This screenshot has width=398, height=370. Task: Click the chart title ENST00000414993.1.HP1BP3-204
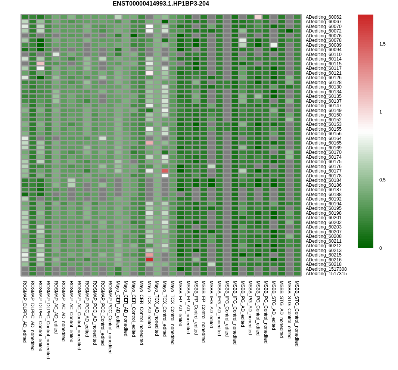point(161,4)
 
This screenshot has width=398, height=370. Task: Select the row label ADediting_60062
point(323,17)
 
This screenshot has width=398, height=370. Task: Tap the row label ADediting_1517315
point(326,274)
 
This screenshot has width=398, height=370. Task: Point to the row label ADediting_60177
point(323,171)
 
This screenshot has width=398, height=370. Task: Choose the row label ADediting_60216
point(323,259)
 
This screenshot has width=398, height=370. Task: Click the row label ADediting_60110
point(323,54)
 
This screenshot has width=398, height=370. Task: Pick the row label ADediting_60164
point(323,138)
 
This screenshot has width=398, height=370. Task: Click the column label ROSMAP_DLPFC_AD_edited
point(25,312)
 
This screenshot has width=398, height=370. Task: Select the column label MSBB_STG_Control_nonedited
point(297,313)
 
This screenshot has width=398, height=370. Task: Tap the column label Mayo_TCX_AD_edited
point(149,304)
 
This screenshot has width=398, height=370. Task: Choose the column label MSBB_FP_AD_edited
point(180,303)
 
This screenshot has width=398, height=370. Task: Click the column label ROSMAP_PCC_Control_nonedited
point(110,317)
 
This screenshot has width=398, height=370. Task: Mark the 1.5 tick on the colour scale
point(382,44)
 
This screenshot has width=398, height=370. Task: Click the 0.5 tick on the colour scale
point(382,180)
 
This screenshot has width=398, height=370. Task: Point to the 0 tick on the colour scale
point(380,248)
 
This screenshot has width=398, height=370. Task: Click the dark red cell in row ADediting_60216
point(149,259)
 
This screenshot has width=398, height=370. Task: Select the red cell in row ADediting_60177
point(165,171)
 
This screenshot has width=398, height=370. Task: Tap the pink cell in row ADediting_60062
point(258,17)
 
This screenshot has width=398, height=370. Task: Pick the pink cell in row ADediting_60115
point(40,64)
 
